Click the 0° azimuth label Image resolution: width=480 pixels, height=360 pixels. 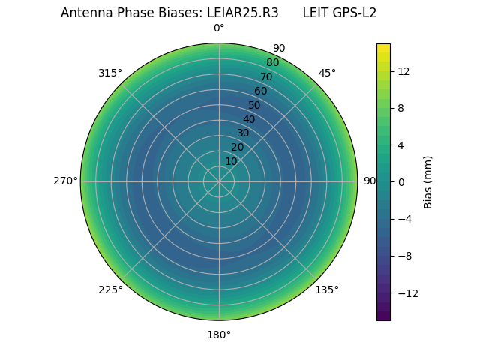(219, 28)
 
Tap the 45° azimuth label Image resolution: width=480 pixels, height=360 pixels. (327, 73)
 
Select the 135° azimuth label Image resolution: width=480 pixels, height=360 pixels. (327, 289)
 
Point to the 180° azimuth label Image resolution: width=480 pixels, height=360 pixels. (219, 334)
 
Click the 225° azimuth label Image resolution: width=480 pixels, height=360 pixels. (110, 289)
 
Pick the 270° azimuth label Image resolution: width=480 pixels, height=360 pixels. (65, 181)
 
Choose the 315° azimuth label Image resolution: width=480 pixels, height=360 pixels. (110, 73)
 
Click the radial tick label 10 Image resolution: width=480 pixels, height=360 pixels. (231, 161)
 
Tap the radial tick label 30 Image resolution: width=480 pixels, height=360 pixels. (243, 133)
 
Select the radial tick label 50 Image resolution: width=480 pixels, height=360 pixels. (255, 105)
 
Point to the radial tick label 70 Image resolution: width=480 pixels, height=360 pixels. (266, 76)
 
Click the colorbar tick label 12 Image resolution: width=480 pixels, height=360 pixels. (403, 71)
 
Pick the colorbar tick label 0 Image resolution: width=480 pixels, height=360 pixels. (400, 181)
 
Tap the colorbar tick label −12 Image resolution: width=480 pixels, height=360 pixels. (406, 292)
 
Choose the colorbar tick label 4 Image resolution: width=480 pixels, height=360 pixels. (400, 145)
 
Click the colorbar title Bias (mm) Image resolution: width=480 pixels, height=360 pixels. (428, 181)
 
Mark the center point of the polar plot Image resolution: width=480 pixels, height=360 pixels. (219, 181)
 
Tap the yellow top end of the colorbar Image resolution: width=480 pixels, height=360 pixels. (383, 46)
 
